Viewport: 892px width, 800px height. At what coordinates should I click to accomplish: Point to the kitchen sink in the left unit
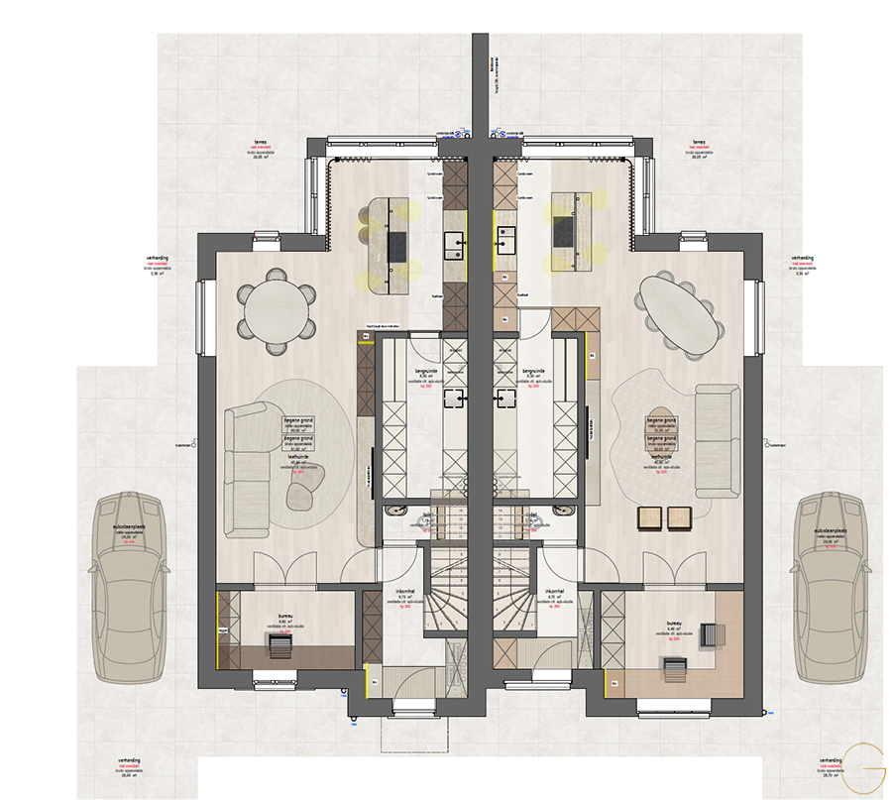456,241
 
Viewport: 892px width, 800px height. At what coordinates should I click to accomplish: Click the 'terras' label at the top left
263,143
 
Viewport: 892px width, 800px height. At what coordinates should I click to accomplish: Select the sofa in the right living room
714,441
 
